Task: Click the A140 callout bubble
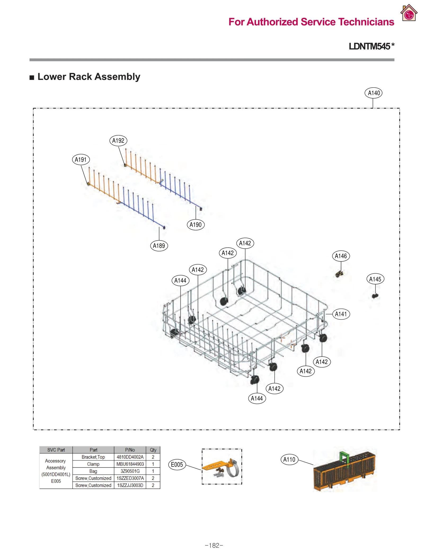(x=373, y=93)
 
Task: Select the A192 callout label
(x=118, y=140)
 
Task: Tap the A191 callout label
(x=81, y=159)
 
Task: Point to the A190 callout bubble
(x=196, y=225)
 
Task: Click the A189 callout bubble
(x=159, y=246)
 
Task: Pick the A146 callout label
(x=341, y=256)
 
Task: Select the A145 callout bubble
(x=375, y=279)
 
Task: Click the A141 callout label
(x=341, y=314)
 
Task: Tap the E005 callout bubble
(x=177, y=464)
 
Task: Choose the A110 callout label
(x=289, y=459)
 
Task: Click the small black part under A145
(x=375, y=296)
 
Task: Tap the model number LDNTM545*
(x=371, y=46)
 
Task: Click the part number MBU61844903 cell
(x=130, y=464)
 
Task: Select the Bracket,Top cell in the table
(x=93, y=457)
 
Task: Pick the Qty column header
(x=153, y=450)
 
